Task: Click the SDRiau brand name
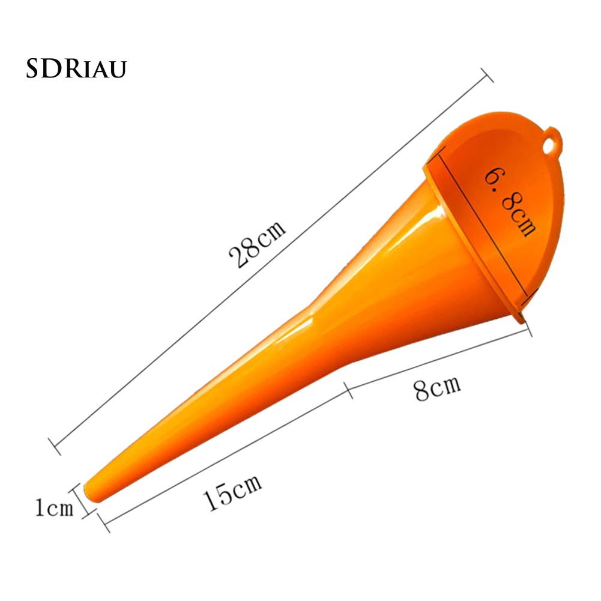(76, 68)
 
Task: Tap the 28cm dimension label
(257, 244)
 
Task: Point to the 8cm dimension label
(437, 388)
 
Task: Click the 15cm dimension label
(232, 492)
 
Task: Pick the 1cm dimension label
(54, 507)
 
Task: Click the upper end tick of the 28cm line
(487, 75)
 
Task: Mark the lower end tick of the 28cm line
(55, 446)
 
